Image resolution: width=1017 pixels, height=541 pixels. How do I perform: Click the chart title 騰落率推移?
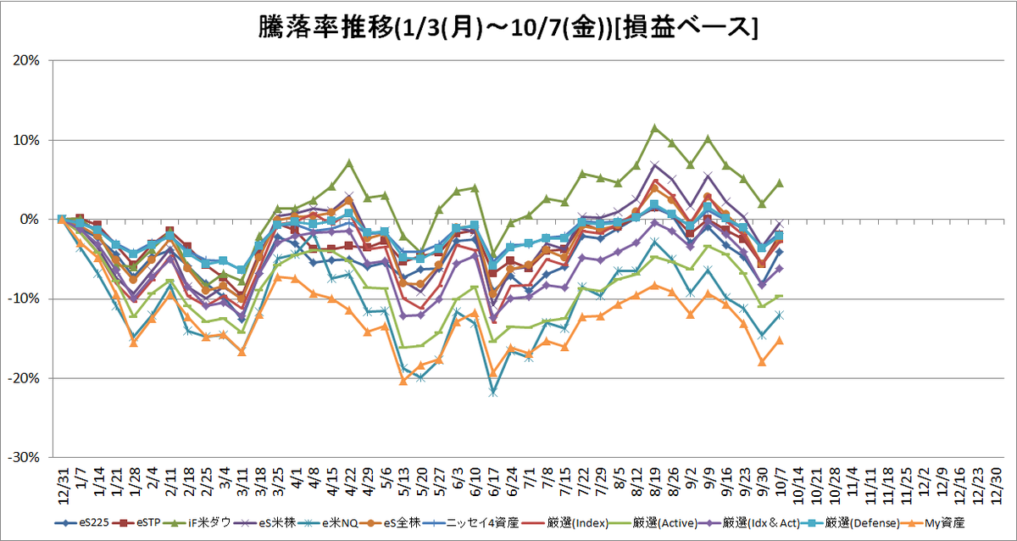[x=326, y=28]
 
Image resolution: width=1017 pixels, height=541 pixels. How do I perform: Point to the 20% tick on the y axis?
[x=26, y=60]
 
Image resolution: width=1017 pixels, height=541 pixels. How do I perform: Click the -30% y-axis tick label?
[x=24, y=457]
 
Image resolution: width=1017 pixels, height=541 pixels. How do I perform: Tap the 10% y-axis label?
[x=26, y=141]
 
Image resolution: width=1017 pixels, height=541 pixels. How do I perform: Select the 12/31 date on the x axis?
[x=63, y=486]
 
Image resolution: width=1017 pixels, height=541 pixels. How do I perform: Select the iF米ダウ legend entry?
[x=197, y=523]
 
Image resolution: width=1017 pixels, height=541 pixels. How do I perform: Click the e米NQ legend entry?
[x=328, y=523]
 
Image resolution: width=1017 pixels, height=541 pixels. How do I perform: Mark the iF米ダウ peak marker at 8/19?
[x=654, y=128]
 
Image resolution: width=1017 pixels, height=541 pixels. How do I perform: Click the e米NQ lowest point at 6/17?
[x=493, y=393]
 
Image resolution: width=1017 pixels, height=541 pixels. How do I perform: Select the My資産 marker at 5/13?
[x=403, y=381]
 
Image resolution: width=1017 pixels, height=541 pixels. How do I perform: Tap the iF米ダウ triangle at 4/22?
[x=349, y=163]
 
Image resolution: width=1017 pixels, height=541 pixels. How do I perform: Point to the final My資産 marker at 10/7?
[x=780, y=340]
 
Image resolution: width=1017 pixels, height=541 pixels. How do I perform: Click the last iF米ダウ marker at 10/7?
[x=780, y=183]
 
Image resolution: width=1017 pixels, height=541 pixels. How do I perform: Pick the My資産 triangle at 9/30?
[x=762, y=362]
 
